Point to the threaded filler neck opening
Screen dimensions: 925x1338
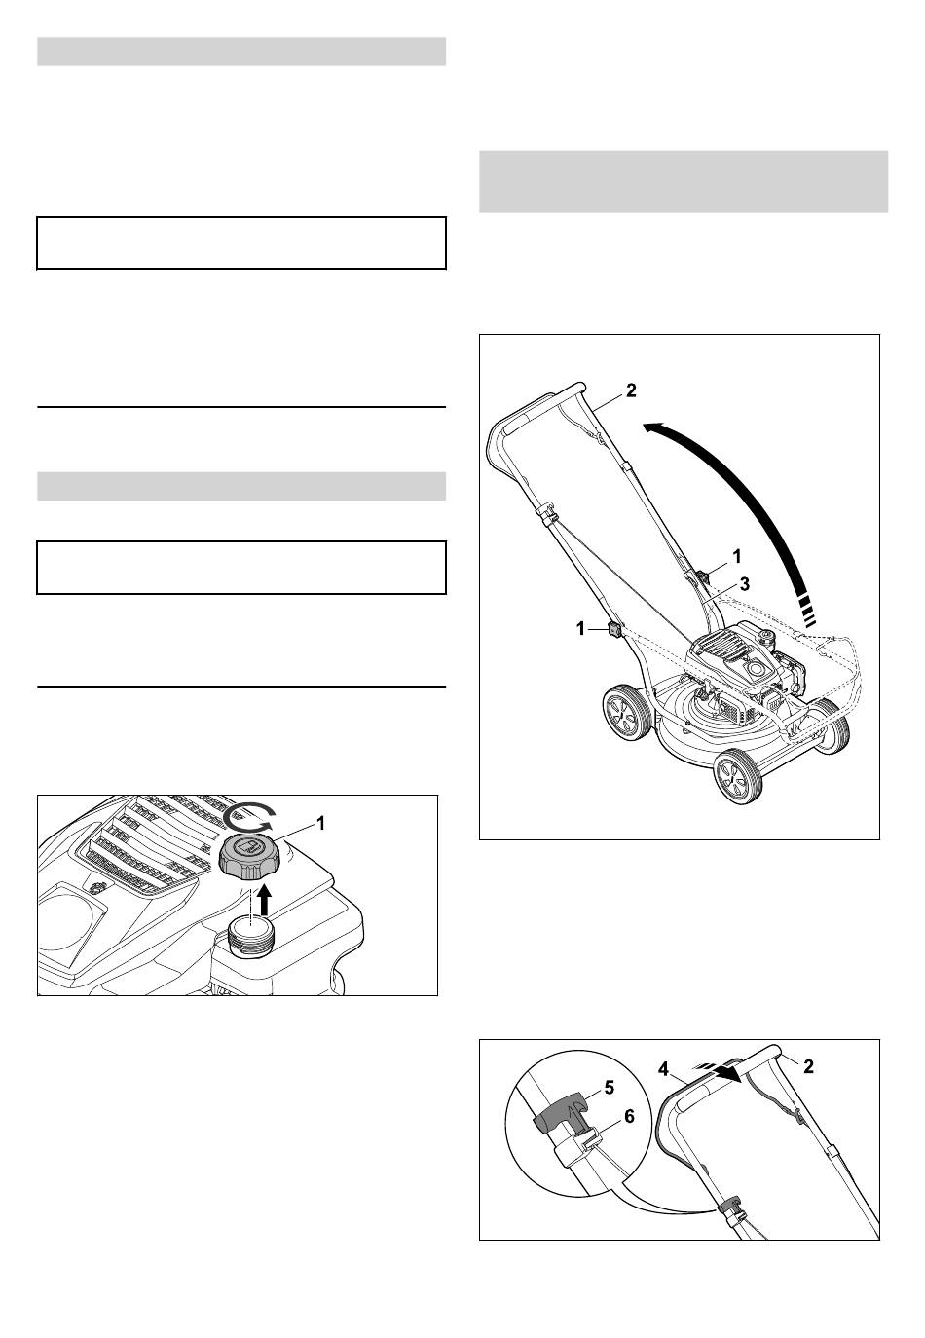251,940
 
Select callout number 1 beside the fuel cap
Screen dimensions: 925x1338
320,824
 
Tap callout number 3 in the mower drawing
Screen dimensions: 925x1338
744,584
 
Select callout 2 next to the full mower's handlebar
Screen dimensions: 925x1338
631,390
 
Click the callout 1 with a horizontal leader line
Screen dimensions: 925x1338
580,629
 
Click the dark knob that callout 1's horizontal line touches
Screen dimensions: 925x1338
613,630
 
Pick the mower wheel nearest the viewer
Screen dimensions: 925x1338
740,776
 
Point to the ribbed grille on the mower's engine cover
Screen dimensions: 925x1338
719,645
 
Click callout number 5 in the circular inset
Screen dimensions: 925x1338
609,1087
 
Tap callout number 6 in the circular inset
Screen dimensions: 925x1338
629,1116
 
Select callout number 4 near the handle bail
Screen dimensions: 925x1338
664,1068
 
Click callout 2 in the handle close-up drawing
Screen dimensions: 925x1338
808,1066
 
